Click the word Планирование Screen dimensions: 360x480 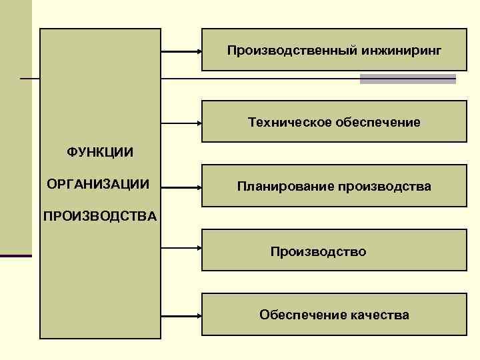[x=285, y=187]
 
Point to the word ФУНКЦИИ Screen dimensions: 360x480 [x=100, y=153]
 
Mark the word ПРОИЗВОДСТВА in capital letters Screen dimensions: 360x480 [x=100, y=216]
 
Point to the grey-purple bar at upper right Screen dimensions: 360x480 [x=408, y=79]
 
